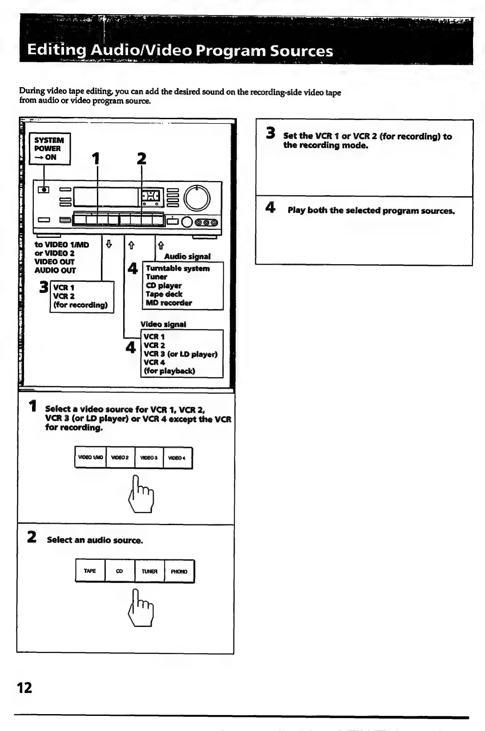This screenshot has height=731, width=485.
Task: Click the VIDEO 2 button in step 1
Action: point(120,458)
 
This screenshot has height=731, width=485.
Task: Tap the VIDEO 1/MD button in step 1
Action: point(91,458)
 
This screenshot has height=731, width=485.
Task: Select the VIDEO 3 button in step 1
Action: point(149,458)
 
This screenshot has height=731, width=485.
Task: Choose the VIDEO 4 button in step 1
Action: point(177,458)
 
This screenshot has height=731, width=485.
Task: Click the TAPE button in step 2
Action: point(90,571)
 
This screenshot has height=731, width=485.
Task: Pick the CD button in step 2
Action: point(120,571)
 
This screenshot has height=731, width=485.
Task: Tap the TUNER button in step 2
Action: point(149,571)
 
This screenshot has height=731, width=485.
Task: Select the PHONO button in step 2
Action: point(179,571)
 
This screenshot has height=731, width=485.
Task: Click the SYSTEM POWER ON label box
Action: point(49,149)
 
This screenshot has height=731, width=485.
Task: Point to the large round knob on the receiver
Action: point(197,198)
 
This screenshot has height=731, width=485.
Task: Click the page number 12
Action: point(24,688)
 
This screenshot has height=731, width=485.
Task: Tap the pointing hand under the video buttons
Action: point(141,494)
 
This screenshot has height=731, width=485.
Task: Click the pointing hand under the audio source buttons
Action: point(141,608)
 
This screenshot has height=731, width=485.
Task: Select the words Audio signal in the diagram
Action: point(187,257)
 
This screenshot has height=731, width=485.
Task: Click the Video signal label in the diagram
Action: point(163,325)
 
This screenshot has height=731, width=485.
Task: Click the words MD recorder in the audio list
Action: point(169,303)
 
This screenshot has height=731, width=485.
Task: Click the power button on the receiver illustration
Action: point(44,190)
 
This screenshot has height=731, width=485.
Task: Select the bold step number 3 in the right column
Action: point(270,133)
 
